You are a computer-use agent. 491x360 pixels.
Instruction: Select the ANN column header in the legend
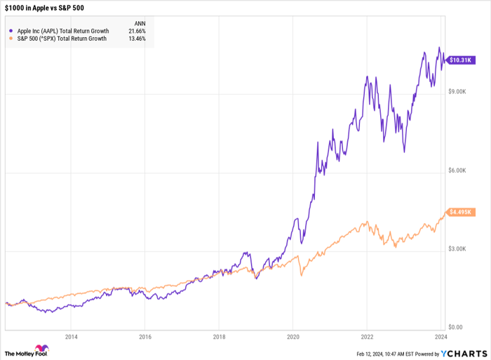[x=140, y=23]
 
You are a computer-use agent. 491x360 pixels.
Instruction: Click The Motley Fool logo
[x=26, y=350]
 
